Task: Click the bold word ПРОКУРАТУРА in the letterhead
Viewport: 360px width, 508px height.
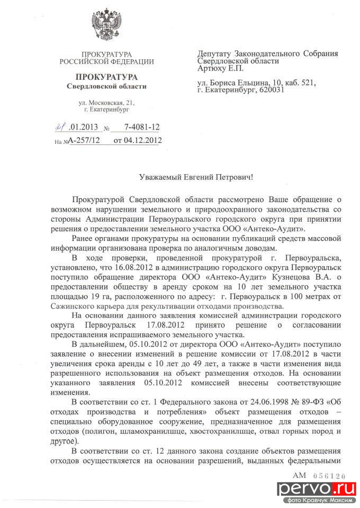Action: (x=106, y=76)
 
